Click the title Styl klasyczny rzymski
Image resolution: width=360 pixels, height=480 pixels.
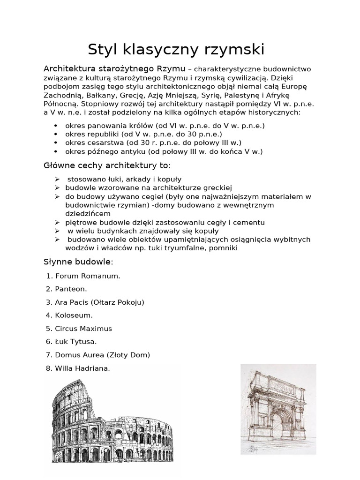coord(176,49)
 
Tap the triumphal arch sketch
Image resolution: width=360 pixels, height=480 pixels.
coord(278,409)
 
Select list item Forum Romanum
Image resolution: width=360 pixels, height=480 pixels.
coord(88,276)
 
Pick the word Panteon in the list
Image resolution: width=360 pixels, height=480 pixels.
coord(71,289)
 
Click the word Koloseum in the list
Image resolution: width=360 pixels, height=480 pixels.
coord(74,315)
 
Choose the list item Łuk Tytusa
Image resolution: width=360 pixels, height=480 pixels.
coord(76,342)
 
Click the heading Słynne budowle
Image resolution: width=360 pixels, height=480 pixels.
coord(78,261)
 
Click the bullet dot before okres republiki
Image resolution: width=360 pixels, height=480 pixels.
coord(56,135)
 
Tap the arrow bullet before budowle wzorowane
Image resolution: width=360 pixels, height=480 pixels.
coord(57,187)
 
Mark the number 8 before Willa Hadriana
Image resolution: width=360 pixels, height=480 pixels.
coord(48,368)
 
